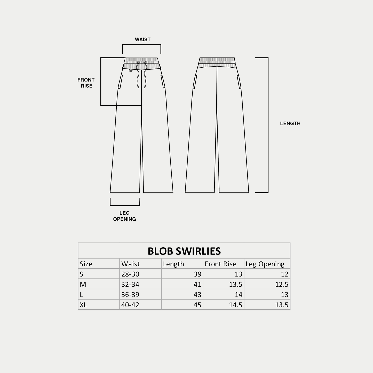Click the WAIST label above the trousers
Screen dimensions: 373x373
click(x=143, y=39)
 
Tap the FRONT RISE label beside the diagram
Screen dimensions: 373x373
click(x=86, y=83)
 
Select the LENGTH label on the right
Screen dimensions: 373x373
click(x=290, y=123)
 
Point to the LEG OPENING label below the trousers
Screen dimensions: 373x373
click(x=124, y=216)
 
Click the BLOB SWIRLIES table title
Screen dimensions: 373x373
click(x=184, y=251)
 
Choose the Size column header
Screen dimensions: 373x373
click(x=86, y=264)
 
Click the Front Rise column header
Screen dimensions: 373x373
click(x=220, y=264)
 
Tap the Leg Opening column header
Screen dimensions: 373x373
click(x=265, y=264)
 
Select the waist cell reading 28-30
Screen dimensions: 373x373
click(x=130, y=274)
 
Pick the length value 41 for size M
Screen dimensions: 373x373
click(x=197, y=284)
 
